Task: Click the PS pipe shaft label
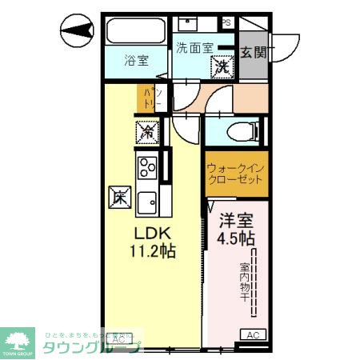pos(226,22)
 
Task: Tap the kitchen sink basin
pos(149,202)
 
